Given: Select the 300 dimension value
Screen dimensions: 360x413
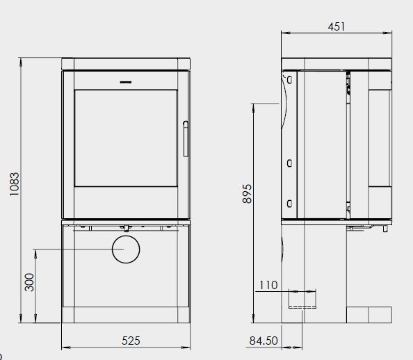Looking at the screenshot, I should click(29, 282).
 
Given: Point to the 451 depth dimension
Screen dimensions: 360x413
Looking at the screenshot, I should click(337, 26).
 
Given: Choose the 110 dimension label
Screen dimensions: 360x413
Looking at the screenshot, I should click(268, 285).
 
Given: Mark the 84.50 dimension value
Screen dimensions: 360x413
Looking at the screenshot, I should click(263, 341).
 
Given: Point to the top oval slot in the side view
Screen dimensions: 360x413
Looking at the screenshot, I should click(287, 81).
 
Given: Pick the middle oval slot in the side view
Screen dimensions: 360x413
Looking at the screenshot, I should click(287, 163).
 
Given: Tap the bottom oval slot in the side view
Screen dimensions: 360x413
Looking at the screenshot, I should click(287, 203).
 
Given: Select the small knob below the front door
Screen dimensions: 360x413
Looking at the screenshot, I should click(127, 227).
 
